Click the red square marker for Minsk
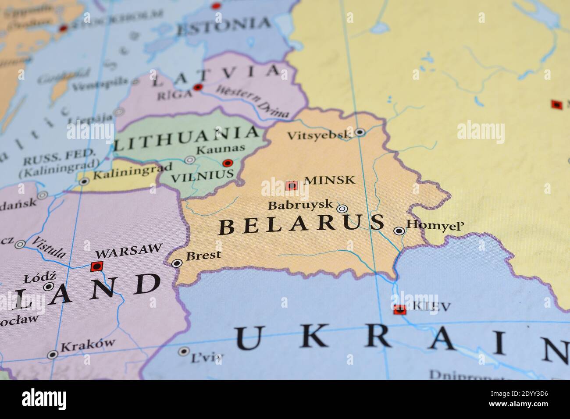tap(292, 185)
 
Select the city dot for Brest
tap(177, 263)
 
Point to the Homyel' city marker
tap(399, 231)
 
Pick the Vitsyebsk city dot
tap(360, 131)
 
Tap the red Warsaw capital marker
tap(96, 266)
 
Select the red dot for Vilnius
tap(227, 163)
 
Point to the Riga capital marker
tap(198, 87)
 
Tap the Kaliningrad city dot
tap(84, 181)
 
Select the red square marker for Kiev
tap(399, 309)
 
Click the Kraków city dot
tap(53, 354)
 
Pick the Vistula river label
tap(50, 247)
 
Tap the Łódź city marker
tap(48, 286)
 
